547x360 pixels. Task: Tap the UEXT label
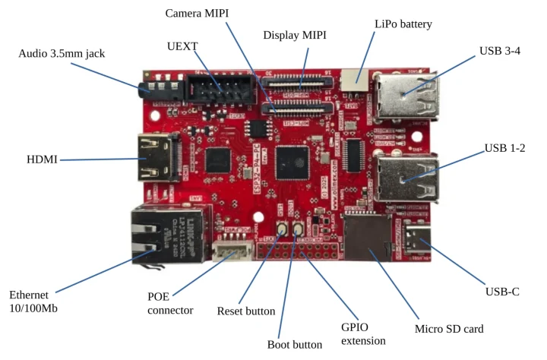182,46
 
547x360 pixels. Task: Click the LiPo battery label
403,24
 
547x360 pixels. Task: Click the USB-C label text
501,291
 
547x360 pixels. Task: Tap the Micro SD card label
449,329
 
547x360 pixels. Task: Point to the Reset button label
246,311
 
